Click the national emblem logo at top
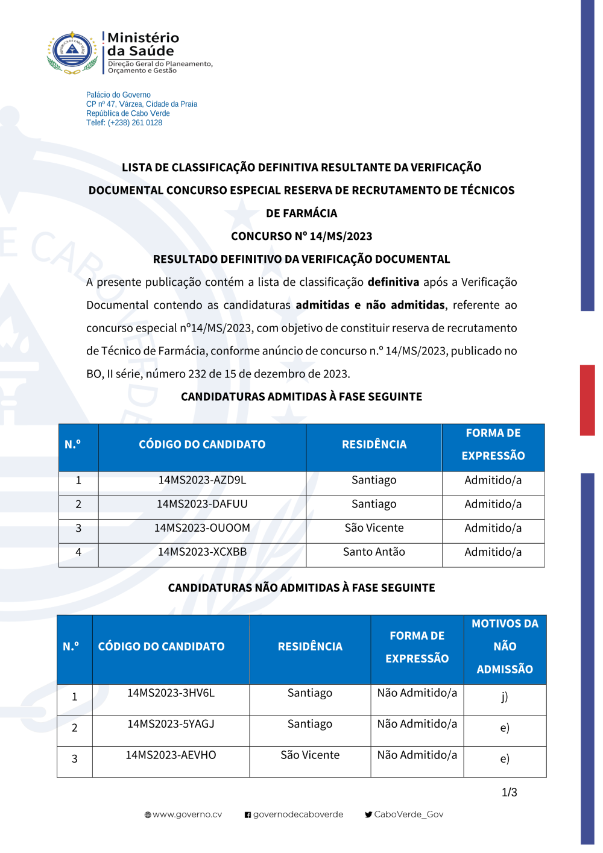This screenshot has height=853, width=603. (72, 52)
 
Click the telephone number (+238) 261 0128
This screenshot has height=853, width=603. (135, 123)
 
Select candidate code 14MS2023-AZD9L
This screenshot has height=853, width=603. (202, 480)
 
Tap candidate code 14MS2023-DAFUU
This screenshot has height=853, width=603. (202, 504)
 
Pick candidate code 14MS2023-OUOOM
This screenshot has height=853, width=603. (202, 528)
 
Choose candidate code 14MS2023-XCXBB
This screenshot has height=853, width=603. (202, 552)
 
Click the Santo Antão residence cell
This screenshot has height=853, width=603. (374, 552)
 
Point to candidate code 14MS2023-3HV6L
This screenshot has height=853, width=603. (171, 693)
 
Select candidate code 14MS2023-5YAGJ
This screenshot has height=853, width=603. (171, 724)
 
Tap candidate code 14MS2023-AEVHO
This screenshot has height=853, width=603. (171, 755)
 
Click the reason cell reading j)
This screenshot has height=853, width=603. (505, 697)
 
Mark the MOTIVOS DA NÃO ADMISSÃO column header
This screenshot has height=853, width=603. (505, 647)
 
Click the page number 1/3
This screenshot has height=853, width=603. (509, 793)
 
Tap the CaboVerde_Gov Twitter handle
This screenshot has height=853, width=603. (408, 814)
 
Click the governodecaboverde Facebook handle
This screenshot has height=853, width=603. (298, 814)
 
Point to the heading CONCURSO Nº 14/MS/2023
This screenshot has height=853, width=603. (301, 236)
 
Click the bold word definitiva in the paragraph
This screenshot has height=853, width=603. (393, 282)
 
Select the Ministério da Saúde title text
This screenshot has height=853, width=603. (143, 45)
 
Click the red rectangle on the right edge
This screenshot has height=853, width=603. (587, 400)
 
